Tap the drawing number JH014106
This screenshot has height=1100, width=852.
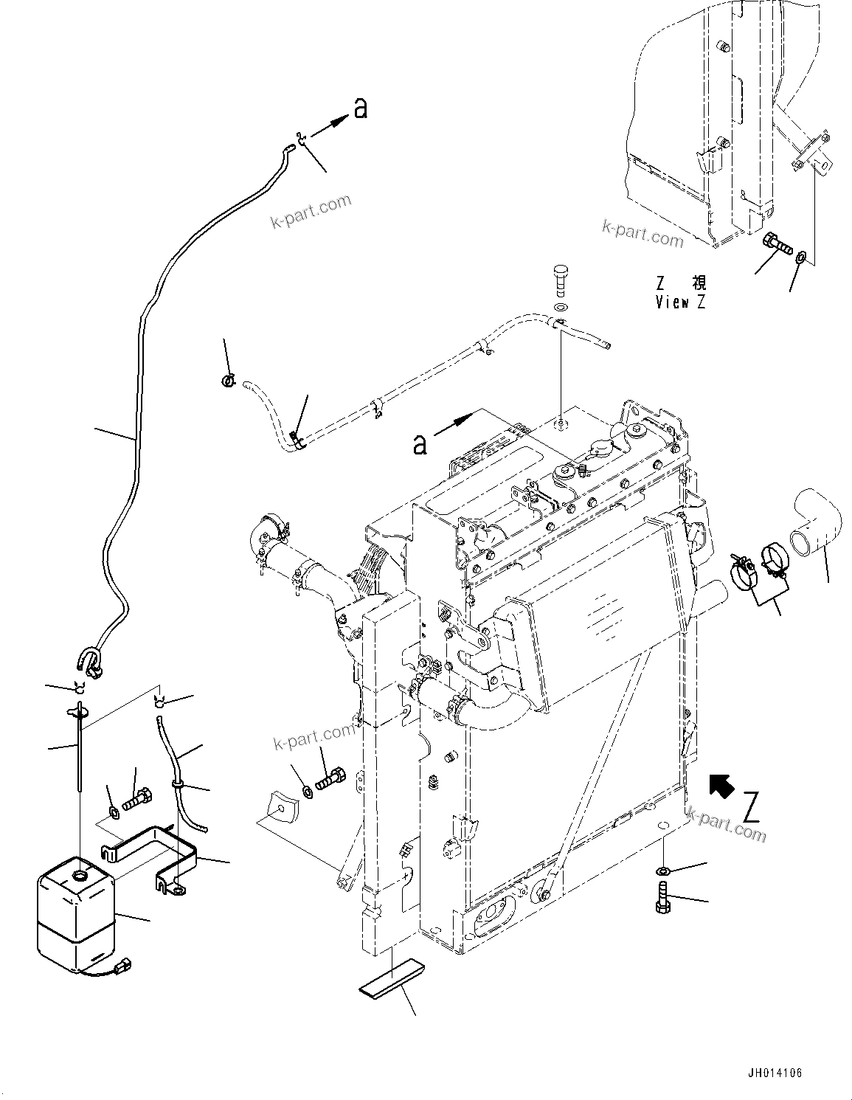click(x=772, y=1073)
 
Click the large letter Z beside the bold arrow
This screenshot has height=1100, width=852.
click(x=751, y=806)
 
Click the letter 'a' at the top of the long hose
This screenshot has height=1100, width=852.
click(x=359, y=108)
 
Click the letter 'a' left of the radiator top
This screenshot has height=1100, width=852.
click(x=420, y=445)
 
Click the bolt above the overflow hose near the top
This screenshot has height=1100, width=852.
click(x=561, y=280)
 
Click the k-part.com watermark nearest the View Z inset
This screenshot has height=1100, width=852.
click(x=643, y=234)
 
